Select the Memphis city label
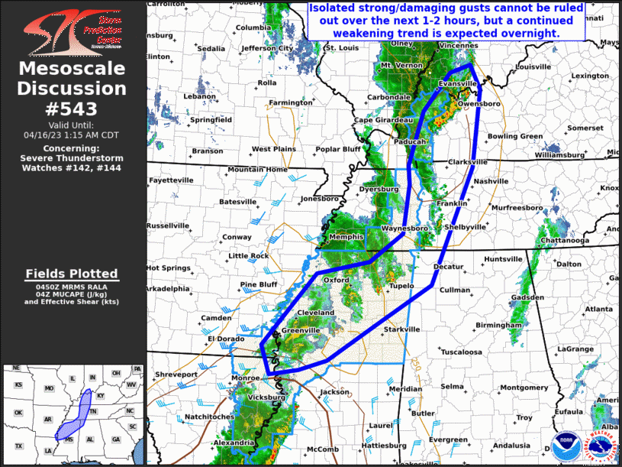346,238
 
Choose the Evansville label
457,83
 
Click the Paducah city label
410,142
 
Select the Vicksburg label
268,397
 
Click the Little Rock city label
249,256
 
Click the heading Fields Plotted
72,274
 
